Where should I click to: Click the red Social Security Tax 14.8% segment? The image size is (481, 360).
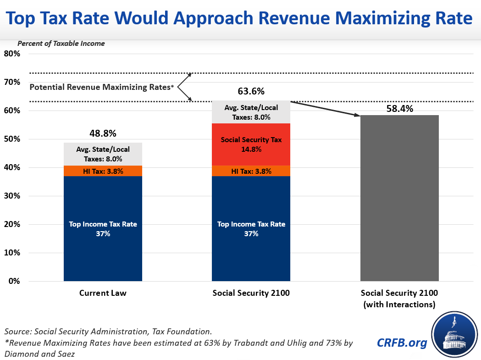[251, 144]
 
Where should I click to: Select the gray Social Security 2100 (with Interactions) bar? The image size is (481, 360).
[399, 198]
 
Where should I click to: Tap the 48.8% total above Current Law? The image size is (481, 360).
[103, 134]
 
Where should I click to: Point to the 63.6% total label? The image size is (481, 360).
[251, 91]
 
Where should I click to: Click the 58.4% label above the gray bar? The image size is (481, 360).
[399, 109]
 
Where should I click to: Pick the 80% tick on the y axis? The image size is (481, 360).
[12, 54]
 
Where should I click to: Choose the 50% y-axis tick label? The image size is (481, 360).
[12, 139]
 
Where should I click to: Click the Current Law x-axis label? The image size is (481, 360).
[103, 293]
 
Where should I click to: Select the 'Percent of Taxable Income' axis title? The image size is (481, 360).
[61, 44]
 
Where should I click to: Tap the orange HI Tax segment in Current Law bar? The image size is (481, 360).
[103, 171]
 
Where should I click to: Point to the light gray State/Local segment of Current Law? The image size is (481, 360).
[103, 154]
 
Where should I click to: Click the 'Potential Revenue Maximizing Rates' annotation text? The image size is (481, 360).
[101, 87]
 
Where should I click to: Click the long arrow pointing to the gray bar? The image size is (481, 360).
[326, 109]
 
